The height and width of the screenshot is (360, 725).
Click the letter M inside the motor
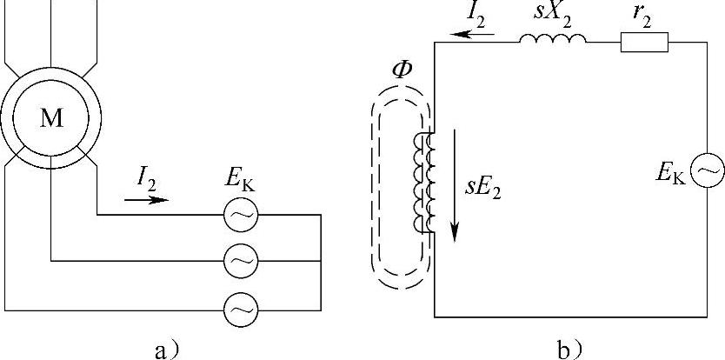(51, 120)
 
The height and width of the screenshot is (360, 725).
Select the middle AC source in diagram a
(239, 260)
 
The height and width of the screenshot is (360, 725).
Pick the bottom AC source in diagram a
(239, 307)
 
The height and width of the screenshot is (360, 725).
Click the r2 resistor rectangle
(644, 41)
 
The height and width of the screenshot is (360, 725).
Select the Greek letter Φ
(402, 70)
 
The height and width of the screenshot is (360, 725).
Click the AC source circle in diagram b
(706, 171)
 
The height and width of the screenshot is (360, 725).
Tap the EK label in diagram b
(671, 173)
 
